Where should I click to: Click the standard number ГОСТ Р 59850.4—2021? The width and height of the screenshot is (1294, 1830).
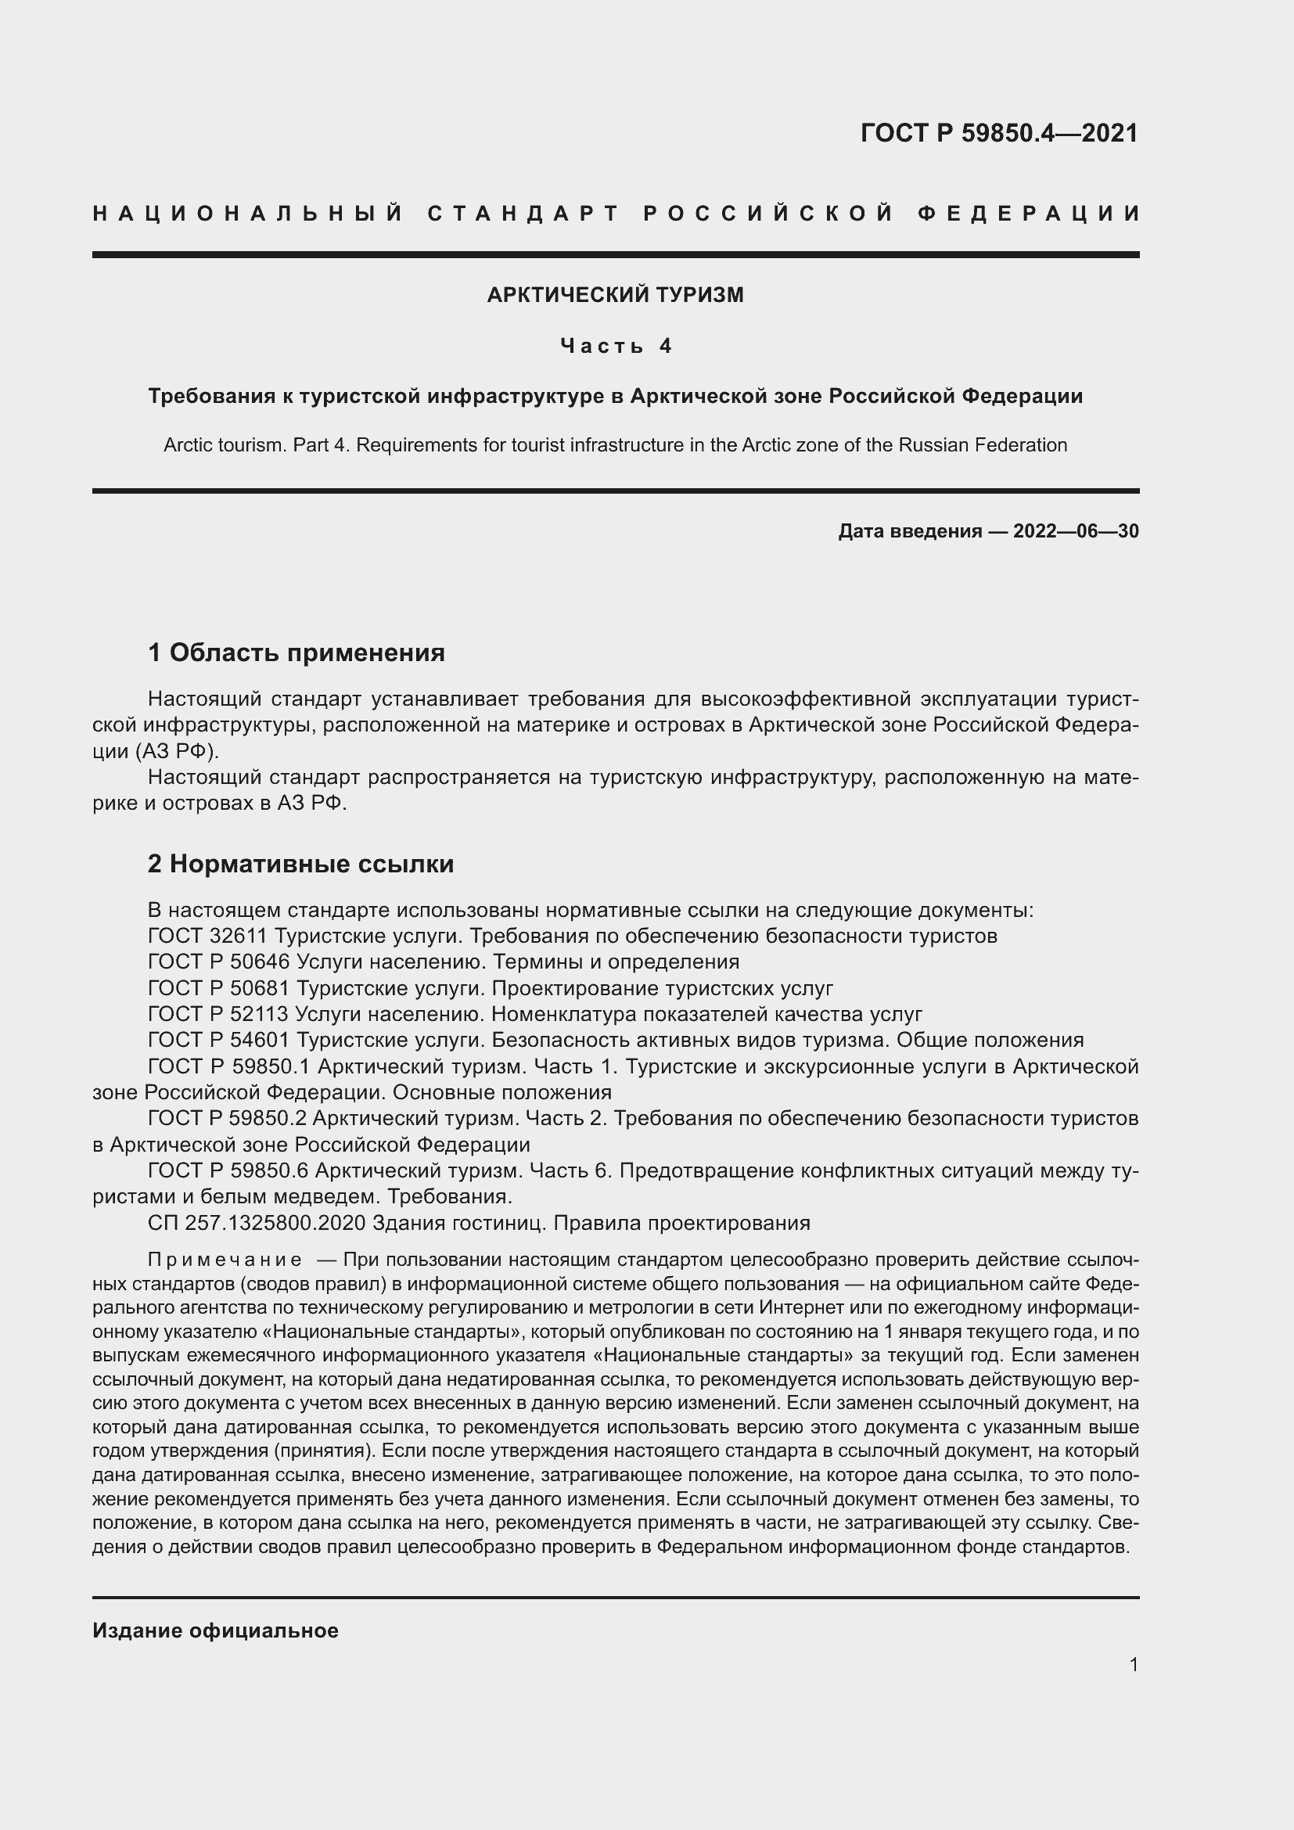999,133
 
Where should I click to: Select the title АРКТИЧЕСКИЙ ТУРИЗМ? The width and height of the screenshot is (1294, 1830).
615,295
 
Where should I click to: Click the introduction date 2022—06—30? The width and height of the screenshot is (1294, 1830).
1076,530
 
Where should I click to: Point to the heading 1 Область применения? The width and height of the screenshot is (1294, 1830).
297,653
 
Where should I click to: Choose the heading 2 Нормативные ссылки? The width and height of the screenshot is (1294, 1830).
300,864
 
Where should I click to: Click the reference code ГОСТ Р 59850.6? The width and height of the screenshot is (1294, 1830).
228,1171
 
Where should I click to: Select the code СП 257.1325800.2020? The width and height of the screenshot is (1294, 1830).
256,1223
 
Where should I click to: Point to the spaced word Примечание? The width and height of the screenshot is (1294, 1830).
225,1260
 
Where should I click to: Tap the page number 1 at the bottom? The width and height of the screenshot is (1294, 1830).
1133,1664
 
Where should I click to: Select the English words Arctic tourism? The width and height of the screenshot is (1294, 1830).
224,444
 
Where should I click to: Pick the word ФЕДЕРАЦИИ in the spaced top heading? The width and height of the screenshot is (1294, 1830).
1029,214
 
